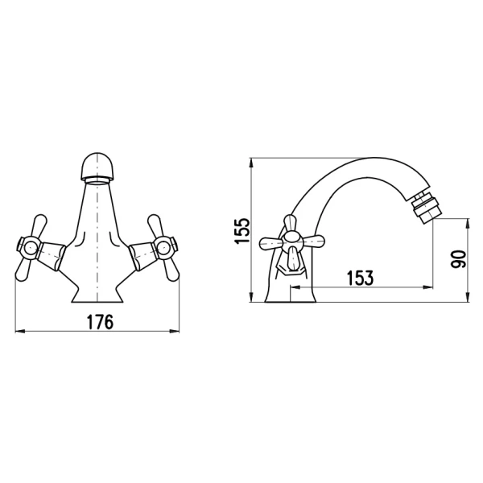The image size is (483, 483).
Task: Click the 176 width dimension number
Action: pos(100,322)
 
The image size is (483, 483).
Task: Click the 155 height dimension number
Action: pos(242,231)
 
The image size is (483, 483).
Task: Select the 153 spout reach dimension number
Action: pos(360,279)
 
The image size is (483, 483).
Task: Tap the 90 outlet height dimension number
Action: pos(459,258)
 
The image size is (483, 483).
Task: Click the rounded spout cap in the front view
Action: pos(97,167)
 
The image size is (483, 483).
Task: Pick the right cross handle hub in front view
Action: pos(164,247)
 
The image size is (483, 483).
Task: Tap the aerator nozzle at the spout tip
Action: pos(425,207)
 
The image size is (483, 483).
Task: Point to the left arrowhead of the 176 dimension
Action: pos(19,332)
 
